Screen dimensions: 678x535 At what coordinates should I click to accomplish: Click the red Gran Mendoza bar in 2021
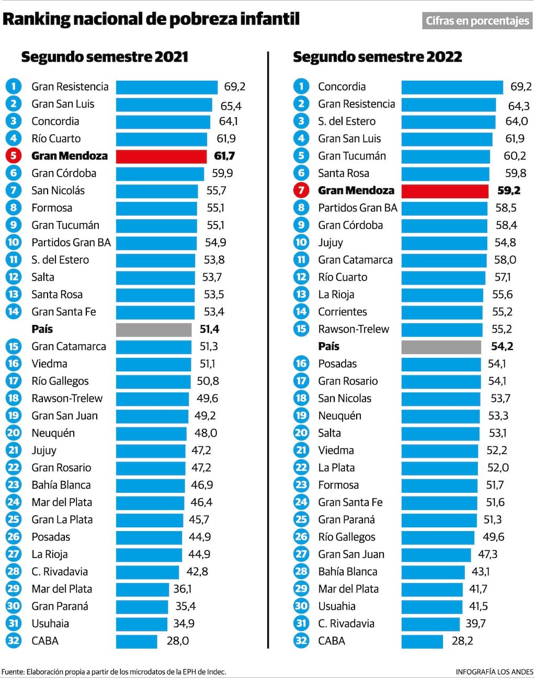coord(161,156)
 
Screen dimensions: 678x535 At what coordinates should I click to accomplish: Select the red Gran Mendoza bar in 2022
coord(445,190)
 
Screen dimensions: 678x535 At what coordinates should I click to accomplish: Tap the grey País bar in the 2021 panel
coord(154,329)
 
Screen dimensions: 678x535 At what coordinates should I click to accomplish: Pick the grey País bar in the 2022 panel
coord(441,346)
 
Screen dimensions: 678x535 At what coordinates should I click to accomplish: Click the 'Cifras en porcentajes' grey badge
coord(477,21)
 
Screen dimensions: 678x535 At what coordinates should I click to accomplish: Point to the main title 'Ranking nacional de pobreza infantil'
coord(151,19)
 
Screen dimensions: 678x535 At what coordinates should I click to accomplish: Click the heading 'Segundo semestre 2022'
coord(377,57)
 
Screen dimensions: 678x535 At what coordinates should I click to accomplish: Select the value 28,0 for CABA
coord(178,641)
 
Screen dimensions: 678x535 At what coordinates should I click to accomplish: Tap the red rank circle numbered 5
coord(14,156)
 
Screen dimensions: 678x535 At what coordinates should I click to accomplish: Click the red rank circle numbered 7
coord(301,190)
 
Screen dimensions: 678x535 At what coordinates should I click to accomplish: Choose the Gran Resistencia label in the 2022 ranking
coord(356,104)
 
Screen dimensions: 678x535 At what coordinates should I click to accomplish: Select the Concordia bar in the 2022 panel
coord(452,87)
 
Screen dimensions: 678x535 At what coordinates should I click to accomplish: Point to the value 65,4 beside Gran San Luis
coord(231,106)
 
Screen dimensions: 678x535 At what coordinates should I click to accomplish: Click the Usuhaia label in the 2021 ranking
coord(50,624)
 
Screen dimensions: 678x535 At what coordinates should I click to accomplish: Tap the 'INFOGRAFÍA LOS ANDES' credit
coord(494,672)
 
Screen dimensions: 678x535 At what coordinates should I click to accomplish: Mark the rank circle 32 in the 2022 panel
coord(301,641)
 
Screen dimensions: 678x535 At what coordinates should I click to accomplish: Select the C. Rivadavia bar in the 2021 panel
coord(147,572)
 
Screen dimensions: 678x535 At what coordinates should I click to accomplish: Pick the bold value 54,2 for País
coord(502,346)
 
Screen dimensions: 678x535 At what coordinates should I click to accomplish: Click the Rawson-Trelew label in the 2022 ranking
coord(354,329)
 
